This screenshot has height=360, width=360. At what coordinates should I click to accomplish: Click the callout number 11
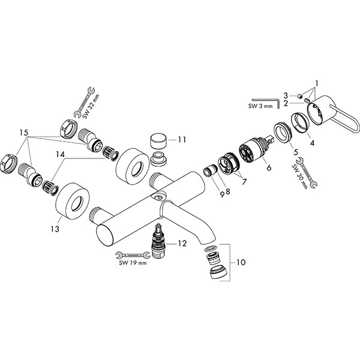[x=182, y=140]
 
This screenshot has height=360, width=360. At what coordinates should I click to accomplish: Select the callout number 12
[x=182, y=244]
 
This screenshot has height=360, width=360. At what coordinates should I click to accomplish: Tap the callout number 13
[x=55, y=229]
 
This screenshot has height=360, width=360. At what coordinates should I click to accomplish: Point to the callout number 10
[x=241, y=262]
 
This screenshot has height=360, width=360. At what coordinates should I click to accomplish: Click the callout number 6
[x=269, y=167]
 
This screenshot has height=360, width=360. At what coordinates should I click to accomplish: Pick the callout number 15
[x=23, y=133]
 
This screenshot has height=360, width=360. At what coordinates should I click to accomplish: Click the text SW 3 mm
[x=260, y=106]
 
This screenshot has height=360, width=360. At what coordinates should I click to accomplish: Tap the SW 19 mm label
[x=133, y=263]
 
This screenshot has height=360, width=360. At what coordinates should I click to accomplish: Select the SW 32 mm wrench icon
[x=84, y=102]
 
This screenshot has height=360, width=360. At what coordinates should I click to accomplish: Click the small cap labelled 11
[x=158, y=140]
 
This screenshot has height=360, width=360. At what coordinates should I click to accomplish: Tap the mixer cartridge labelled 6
[x=255, y=150]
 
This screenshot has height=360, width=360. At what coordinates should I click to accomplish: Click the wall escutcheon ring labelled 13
[x=73, y=200]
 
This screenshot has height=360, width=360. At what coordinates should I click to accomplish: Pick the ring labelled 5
[x=282, y=133]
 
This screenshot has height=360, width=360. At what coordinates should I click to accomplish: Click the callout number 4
[x=312, y=143]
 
